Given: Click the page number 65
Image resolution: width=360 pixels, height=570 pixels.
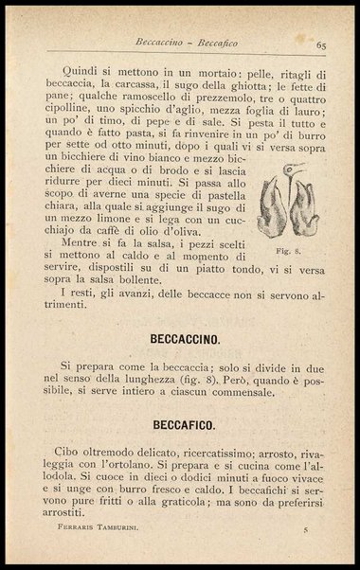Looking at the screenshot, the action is coord(322,45).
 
